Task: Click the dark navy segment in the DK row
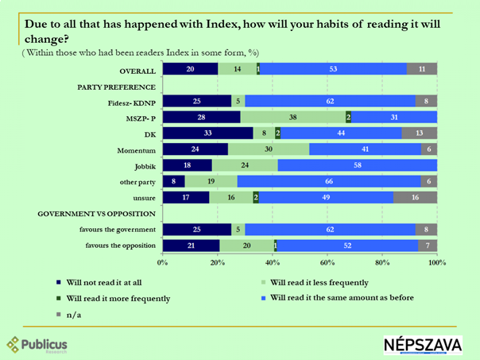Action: pos(207,133)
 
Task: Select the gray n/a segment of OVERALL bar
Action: pos(422,70)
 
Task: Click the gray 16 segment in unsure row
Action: pos(415,197)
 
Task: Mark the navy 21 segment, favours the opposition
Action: pos(191,246)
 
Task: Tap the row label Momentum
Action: pos(135,149)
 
